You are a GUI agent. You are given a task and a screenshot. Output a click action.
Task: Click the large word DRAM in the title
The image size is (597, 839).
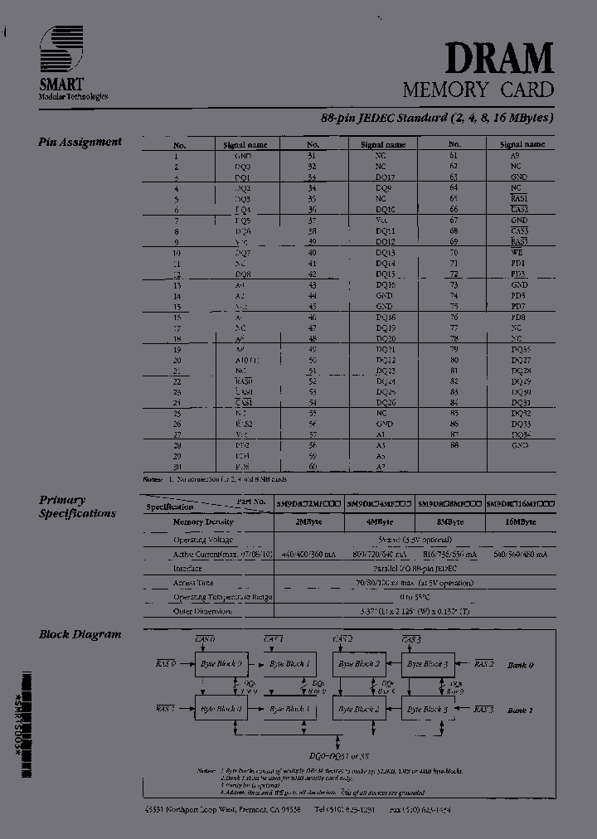[x=499, y=59]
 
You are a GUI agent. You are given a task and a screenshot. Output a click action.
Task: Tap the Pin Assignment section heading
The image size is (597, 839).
[x=80, y=142]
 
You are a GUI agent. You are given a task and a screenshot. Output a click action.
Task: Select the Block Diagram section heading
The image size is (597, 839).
[x=80, y=634]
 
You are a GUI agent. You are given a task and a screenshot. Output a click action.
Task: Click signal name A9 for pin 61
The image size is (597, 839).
[x=515, y=155]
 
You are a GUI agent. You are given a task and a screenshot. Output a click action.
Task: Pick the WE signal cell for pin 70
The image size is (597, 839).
[x=517, y=252]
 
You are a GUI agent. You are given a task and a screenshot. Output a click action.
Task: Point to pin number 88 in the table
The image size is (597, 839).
[x=454, y=445]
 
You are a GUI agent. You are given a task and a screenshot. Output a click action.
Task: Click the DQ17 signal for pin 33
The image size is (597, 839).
[x=384, y=177]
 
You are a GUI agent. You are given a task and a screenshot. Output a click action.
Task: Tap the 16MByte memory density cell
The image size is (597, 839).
[x=521, y=522]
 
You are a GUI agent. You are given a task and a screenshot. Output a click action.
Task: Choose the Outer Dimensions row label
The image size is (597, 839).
[x=204, y=613]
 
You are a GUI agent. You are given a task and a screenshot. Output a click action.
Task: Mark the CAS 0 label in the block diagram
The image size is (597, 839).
[x=205, y=639]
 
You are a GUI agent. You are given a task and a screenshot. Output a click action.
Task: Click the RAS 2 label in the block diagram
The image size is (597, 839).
[x=484, y=664]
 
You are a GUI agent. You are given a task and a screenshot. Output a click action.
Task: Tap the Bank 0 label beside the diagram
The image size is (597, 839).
[x=520, y=665]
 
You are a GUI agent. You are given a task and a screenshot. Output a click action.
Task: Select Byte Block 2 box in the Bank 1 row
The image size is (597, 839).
[x=358, y=709]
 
